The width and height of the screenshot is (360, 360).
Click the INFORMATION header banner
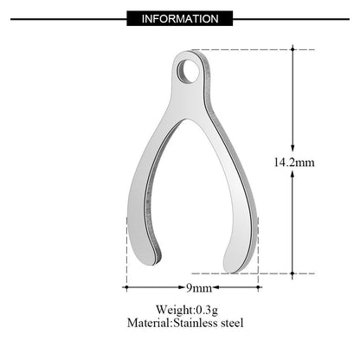[179, 16]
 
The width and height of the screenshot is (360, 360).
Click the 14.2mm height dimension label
[294, 161]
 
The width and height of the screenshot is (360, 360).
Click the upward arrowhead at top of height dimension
[294, 55]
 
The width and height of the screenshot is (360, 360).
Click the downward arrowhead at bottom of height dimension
[294, 267]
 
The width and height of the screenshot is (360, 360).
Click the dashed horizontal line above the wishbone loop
[251, 50]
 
